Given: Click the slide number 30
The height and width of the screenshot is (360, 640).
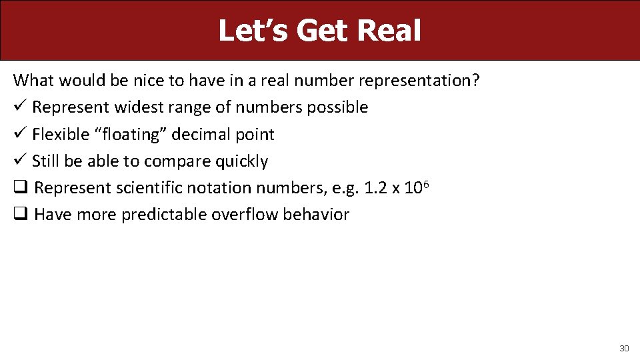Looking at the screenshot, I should pyautogui.click(x=624, y=349).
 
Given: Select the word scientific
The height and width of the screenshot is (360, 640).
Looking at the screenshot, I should pyautogui.click(x=149, y=188).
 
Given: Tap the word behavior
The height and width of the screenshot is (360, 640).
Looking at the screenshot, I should pyautogui.click(x=316, y=215).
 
